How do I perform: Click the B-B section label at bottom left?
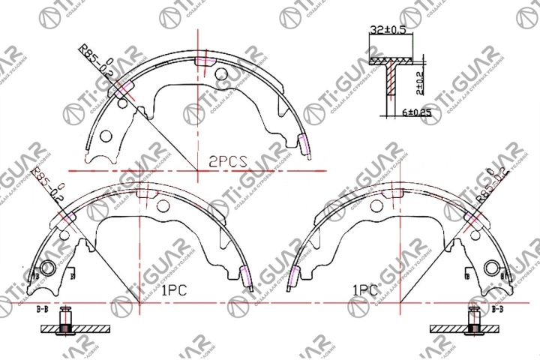[x=43, y=308]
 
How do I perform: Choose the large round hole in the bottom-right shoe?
[x=492, y=268]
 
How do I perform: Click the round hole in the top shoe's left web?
[x=106, y=137]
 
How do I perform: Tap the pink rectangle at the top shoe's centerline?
[x=201, y=61]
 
